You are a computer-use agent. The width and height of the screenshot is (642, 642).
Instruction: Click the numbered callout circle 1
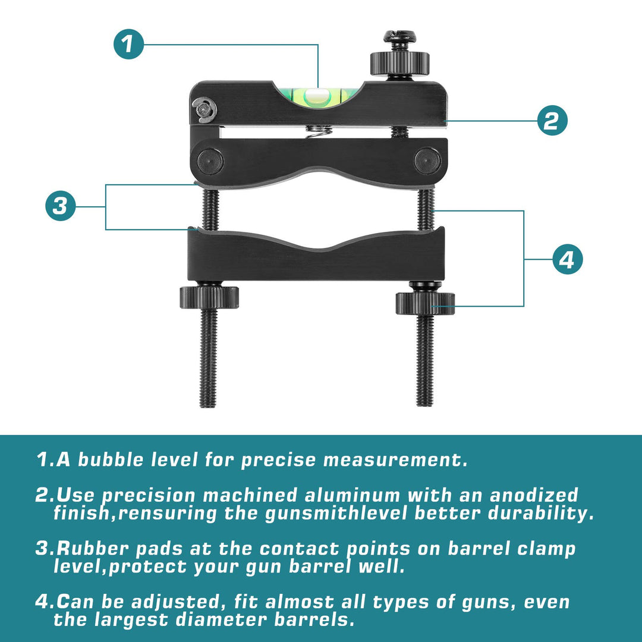point(128,44)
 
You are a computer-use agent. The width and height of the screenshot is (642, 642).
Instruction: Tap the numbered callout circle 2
point(552,121)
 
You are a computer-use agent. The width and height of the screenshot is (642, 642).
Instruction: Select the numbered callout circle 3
point(61,206)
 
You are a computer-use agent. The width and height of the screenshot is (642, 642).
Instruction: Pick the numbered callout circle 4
point(568,259)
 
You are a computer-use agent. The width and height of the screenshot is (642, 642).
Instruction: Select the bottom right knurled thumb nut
point(425,303)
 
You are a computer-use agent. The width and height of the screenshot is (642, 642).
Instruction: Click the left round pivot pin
point(210,161)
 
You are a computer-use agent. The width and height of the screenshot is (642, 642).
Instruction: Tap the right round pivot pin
point(427,161)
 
